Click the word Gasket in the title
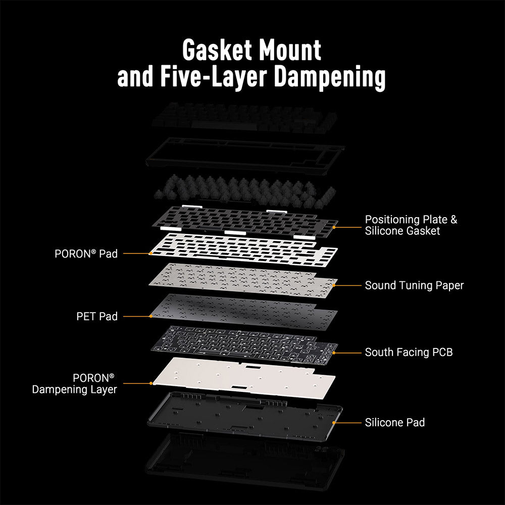point(217,50)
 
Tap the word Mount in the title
point(290,50)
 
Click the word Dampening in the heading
point(330,78)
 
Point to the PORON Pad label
point(86,254)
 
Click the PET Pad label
point(97,316)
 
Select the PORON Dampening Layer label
point(74,384)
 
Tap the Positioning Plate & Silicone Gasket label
point(411,225)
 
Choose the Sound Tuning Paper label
point(414,285)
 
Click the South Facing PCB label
point(409,352)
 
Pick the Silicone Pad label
point(394,423)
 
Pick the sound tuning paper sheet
point(243,280)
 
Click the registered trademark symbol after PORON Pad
point(94,251)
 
